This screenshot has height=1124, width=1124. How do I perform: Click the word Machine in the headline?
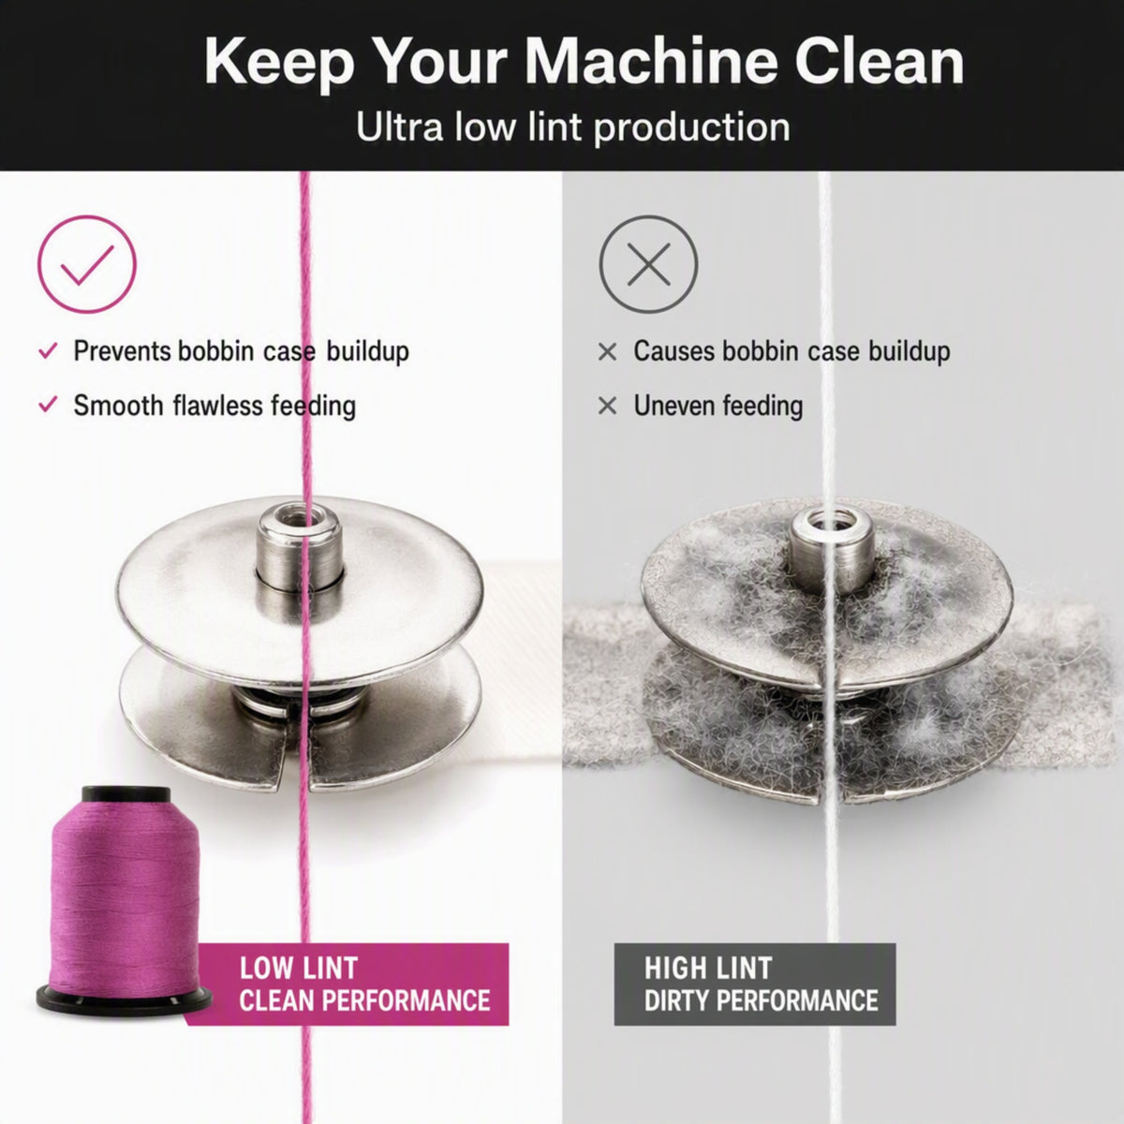[x=653, y=62]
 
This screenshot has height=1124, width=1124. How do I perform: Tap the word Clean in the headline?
[x=879, y=62]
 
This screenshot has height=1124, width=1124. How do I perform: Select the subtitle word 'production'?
[x=692, y=128]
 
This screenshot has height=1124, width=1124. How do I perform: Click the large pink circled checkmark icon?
[x=87, y=264]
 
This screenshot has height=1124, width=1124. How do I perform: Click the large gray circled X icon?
[x=648, y=264]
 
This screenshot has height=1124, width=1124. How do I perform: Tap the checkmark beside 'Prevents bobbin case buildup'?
[x=48, y=350]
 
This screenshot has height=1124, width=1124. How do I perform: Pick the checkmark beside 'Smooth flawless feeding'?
[x=48, y=405]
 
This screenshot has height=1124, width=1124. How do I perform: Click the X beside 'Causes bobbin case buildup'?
[x=607, y=352]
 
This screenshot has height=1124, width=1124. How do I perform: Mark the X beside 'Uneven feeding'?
[x=607, y=406]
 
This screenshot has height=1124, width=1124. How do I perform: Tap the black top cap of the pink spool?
[x=126, y=794]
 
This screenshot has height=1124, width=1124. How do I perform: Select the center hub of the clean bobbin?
[x=299, y=546]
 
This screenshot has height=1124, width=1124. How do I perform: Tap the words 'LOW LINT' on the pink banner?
[x=298, y=969]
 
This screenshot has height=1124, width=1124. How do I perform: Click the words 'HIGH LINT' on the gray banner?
[x=708, y=969]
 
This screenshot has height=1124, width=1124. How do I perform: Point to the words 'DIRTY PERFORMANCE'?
[x=761, y=1001]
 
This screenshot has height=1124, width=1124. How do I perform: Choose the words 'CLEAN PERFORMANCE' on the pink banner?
[x=364, y=1001]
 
